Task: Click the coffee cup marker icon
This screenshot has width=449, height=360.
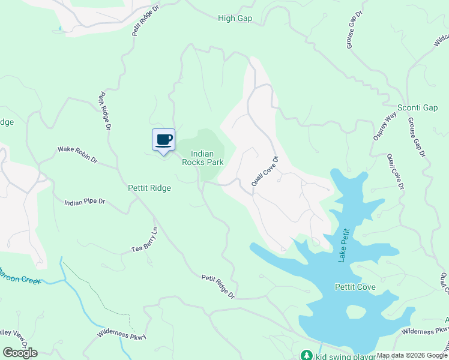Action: click(x=163, y=140)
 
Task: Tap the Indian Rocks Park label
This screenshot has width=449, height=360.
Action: click(x=206, y=158)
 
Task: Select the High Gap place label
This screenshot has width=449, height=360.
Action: click(x=235, y=19)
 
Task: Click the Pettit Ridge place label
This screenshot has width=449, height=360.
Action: click(x=149, y=188)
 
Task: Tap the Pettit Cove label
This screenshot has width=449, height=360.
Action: click(x=355, y=287)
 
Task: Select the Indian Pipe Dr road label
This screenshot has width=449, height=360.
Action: click(x=85, y=203)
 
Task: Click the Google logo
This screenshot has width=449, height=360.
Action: click(x=20, y=353)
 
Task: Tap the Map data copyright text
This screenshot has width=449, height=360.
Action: click(x=412, y=355)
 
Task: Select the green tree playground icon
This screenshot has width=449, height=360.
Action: click(x=306, y=355)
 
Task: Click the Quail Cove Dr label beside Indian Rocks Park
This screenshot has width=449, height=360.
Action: click(x=265, y=172)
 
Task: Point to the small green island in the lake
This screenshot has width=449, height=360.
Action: click(x=356, y=312)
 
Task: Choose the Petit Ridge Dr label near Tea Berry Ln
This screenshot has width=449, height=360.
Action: click(x=218, y=287)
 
